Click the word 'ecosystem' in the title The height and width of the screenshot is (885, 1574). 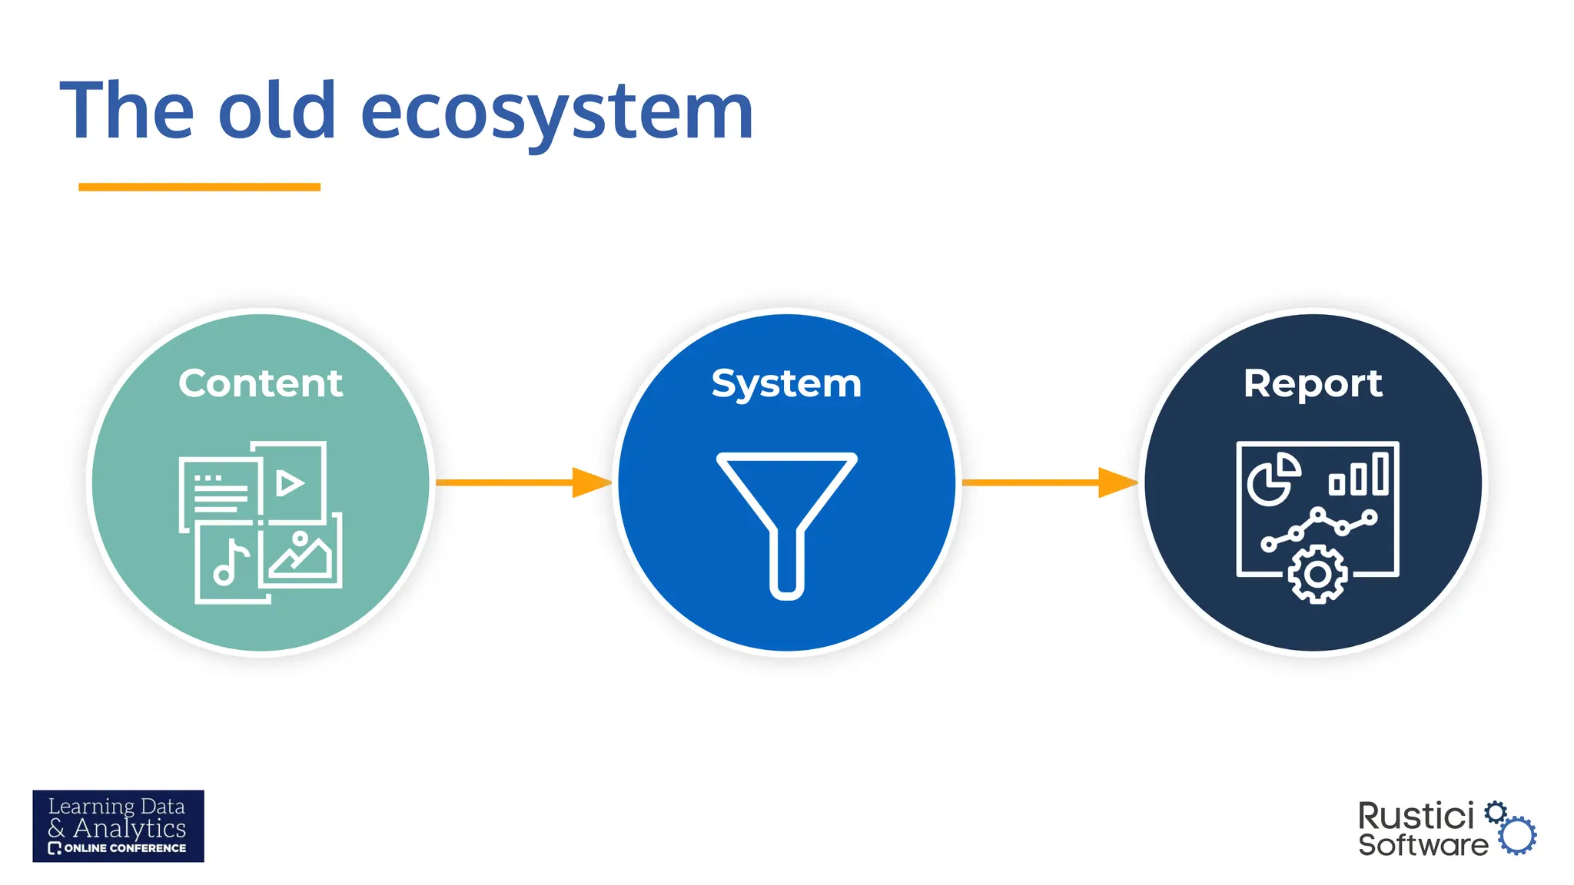(x=556, y=112)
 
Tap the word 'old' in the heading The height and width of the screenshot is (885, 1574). (x=277, y=112)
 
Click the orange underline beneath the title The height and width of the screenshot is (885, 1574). (x=199, y=187)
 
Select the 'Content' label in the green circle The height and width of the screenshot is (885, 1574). (x=261, y=383)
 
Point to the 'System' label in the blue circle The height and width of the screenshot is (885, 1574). (x=786, y=383)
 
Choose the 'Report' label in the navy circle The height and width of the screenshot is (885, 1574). (x=1313, y=383)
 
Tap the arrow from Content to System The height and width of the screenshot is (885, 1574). (x=523, y=482)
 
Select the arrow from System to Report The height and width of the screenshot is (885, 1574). (x=1049, y=482)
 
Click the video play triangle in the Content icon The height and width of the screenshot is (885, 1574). (x=290, y=483)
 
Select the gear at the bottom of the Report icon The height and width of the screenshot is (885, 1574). (x=1317, y=575)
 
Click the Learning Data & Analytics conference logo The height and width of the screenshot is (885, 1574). (x=118, y=826)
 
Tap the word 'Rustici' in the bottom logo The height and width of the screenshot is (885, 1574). (x=1416, y=817)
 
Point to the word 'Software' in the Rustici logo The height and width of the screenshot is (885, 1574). (x=1423, y=845)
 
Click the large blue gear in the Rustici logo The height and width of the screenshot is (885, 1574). (x=1518, y=836)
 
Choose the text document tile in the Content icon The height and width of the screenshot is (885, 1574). (x=220, y=493)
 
